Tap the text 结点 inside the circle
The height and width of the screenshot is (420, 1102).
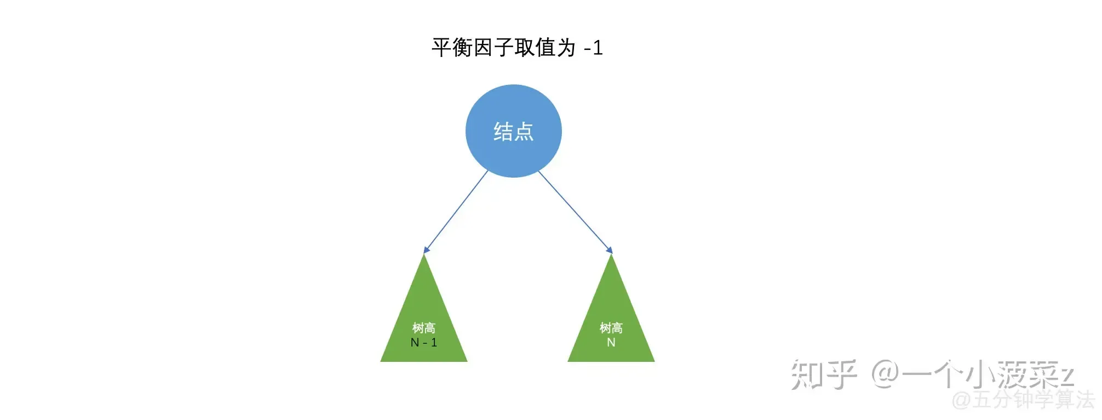tap(513, 132)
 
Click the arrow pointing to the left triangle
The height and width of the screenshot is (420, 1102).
tap(456, 212)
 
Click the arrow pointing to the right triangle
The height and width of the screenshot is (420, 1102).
tap(575, 212)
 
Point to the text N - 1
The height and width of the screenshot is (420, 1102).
tap(423, 343)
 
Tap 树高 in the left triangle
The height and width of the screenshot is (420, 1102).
tap(423, 328)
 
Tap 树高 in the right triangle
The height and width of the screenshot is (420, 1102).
tap(611, 328)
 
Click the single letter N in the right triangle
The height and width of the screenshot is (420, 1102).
tap(611, 343)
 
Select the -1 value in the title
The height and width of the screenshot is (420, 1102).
tap(594, 48)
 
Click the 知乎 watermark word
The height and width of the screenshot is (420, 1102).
tap(823, 375)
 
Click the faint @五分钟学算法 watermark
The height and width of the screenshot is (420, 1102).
tap(1023, 400)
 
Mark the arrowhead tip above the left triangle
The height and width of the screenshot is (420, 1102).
tap(425, 252)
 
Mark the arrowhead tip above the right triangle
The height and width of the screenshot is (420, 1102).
tap(611, 252)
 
